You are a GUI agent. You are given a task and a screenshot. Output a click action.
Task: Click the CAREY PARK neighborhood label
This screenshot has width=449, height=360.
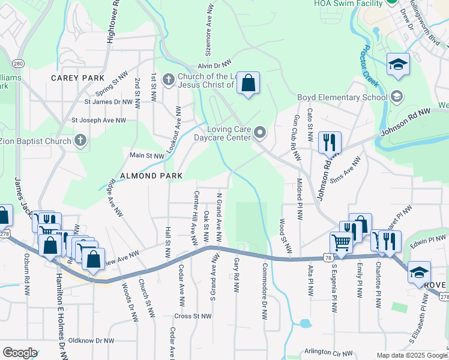(77, 78)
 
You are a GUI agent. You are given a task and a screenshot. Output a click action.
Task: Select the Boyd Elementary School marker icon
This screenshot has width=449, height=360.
(396, 97)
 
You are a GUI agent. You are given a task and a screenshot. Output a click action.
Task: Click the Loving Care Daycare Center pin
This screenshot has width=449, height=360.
(259, 131)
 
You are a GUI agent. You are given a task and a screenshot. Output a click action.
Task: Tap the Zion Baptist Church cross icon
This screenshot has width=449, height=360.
(80, 141)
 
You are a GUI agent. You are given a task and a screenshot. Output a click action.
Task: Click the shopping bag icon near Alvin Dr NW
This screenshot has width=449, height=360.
(248, 84)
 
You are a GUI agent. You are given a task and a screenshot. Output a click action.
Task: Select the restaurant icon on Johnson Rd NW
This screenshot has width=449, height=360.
(330, 143)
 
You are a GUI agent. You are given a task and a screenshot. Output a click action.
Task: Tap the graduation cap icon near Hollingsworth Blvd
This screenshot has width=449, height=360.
(397, 65)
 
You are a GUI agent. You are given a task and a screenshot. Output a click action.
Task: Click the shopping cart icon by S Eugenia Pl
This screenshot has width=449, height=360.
(341, 243)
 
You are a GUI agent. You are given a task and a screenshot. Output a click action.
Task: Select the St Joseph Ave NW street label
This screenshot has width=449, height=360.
(99, 120)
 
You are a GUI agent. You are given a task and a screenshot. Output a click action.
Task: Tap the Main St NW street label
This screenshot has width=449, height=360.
(147, 155)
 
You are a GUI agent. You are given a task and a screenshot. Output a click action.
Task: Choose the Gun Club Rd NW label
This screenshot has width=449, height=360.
(296, 139)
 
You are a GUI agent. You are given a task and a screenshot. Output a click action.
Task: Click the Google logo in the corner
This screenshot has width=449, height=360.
(20, 353)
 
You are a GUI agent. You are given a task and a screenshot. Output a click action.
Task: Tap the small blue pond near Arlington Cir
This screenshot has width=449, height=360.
(305, 323)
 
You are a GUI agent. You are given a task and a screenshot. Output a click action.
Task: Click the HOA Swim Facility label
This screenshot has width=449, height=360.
(348, 3)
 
